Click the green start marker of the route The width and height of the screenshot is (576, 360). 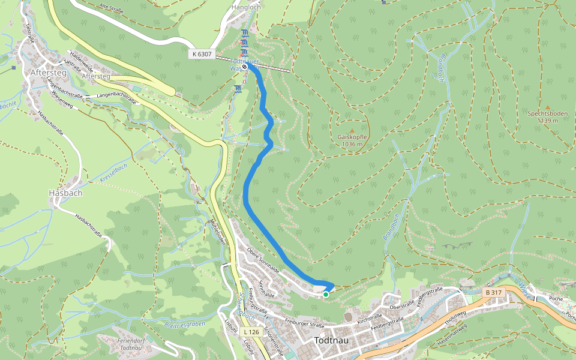click(x=326, y=295)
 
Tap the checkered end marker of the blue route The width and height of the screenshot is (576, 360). click(x=245, y=67)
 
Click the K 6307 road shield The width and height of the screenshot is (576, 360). click(x=202, y=54)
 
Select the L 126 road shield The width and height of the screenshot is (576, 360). click(x=251, y=331)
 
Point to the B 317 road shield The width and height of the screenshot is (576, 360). click(x=494, y=292)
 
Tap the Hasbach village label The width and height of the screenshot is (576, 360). click(x=65, y=193)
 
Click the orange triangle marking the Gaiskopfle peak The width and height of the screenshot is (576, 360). click(x=352, y=131)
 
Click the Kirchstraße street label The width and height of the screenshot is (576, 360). click(x=370, y=317)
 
